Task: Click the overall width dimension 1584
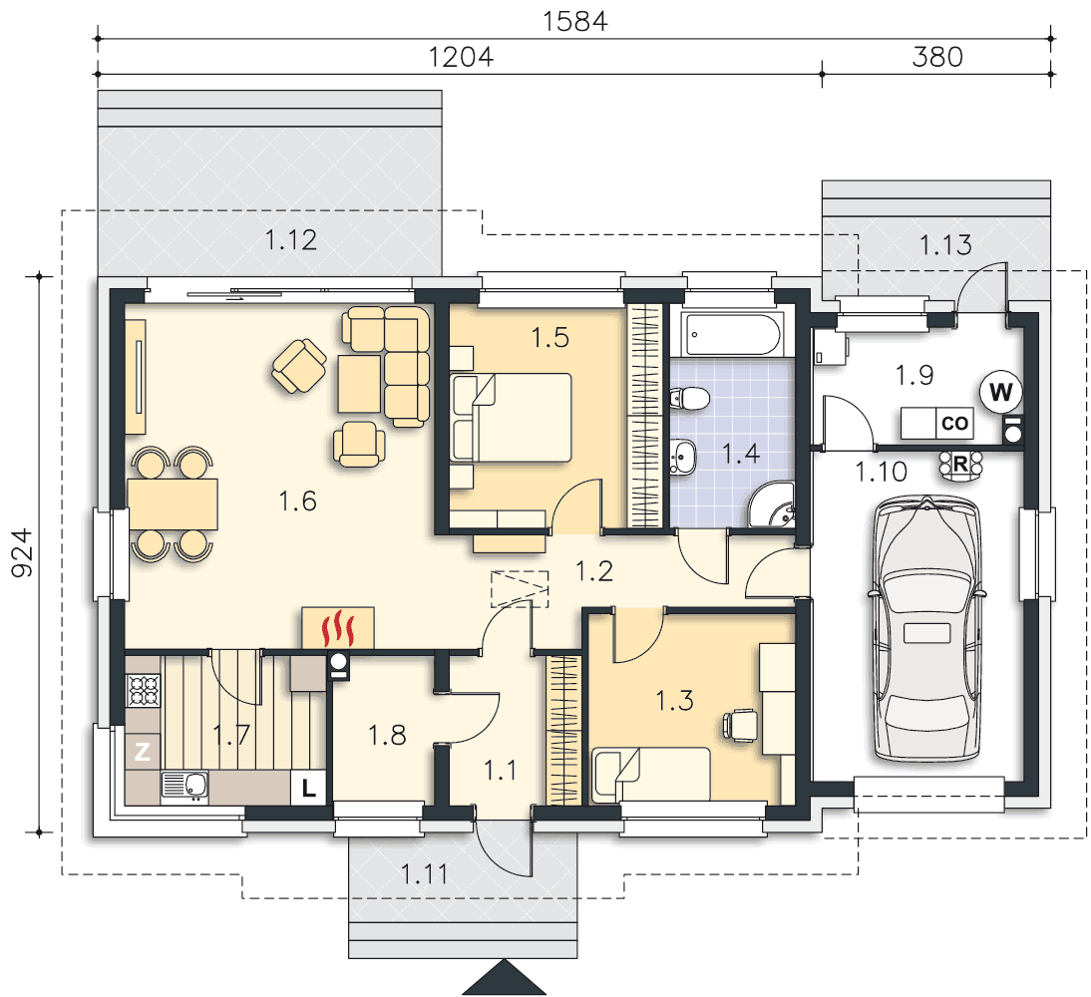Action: pos(574,22)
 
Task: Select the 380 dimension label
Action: pos(937,57)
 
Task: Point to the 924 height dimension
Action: pos(22,553)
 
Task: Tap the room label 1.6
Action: pos(298,500)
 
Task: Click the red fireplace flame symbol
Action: pos(338,628)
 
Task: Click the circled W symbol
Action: pos(1000,393)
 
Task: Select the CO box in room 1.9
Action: pos(954,423)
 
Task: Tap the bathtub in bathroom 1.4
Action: pos(733,335)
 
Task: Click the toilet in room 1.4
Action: pos(690,399)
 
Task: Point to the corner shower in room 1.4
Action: pos(771,504)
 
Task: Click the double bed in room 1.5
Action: pos(511,418)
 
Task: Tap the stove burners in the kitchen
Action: pos(144,690)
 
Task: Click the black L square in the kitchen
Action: pos(308,788)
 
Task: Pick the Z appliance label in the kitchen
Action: pos(143,752)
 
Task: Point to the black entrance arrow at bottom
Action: pos(505,977)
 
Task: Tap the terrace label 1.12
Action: pos(291,240)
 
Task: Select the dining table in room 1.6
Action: pos(173,503)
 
